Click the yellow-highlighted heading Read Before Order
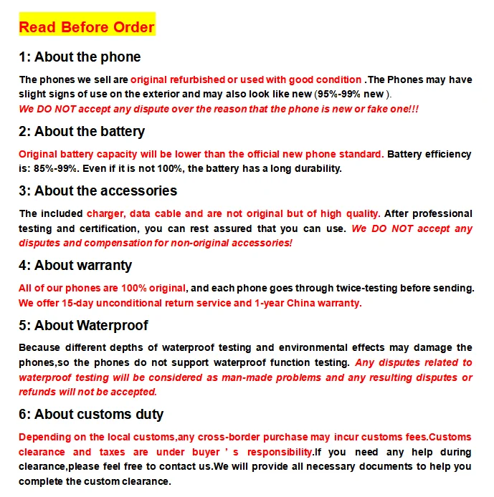(86, 27)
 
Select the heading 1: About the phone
(80, 57)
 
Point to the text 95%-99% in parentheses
(341, 95)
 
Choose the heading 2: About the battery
(82, 132)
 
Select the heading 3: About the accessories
(98, 191)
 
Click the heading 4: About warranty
(75, 266)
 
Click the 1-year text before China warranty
(275, 302)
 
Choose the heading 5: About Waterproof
(83, 326)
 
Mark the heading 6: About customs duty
(91, 415)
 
